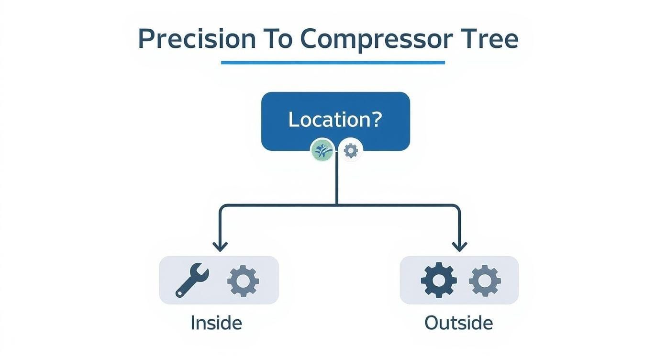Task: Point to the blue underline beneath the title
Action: click(333, 62)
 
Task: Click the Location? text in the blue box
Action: click(335, 120)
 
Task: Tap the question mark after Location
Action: click(377, 119)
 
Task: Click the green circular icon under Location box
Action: click(322, 150)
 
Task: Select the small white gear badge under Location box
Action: click(351, 150)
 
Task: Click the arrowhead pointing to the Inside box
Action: click(220, 247)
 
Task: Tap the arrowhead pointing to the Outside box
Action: click(459, 247)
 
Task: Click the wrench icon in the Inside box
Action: click(192, 281)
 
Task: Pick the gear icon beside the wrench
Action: click(243, 281)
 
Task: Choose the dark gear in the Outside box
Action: click(439, 280)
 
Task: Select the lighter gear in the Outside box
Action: click(485, 280)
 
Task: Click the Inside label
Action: click(216, 323)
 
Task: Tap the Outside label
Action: click(458, 323)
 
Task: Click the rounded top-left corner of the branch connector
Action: click(222, 207)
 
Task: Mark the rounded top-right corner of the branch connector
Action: click(457, 207)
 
